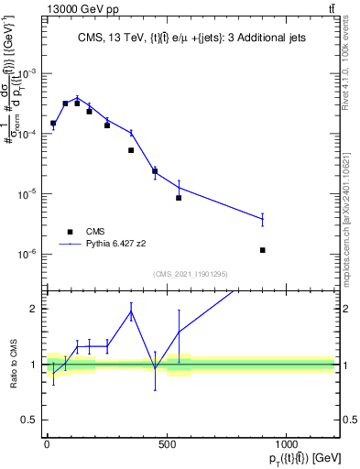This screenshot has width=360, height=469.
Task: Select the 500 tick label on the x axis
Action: [x=167, y=444]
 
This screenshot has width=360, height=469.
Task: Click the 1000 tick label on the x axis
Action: [x=287, y=444]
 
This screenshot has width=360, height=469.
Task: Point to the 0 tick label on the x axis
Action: [x=47, y=444]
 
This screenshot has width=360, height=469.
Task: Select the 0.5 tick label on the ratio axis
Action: [x=33, y=420]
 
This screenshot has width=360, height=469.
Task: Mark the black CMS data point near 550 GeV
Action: [x=179, y=198]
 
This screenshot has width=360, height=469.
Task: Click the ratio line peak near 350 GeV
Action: [x=131, y=312]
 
